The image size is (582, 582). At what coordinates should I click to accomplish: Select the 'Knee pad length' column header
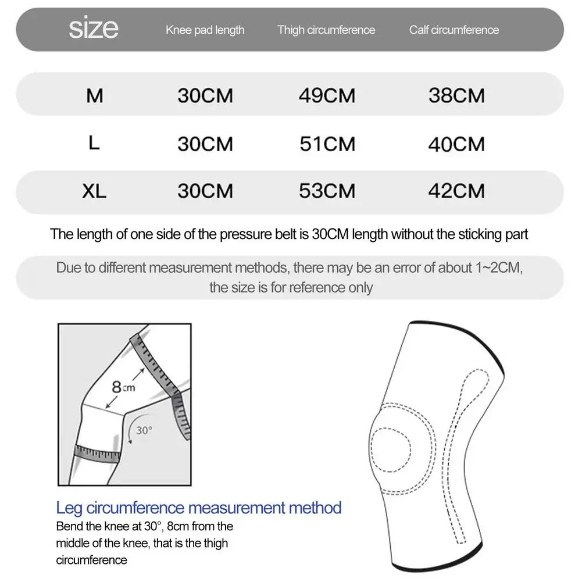click(x=205, y=30)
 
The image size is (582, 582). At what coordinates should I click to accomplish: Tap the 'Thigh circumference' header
click(x=326, y=30)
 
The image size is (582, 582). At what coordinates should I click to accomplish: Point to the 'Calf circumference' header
click(x=454, y=30)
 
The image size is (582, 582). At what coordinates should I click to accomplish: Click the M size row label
click(x=94, y=96)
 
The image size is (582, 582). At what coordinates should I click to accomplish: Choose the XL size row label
click(x=94, y=191)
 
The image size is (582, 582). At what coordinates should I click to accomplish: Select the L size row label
click(x=94, y=143)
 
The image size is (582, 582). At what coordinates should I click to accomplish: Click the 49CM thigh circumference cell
click(x=327, y=96)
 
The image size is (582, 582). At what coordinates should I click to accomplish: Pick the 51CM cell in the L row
click(x=327, y=144)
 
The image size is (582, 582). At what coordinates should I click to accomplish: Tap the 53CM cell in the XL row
click(x=327, y=191)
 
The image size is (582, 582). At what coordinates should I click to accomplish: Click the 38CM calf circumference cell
click(x=456, y=96)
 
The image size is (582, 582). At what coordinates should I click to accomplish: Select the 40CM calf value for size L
click(x=456, y=144)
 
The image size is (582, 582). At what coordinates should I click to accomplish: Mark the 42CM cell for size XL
click(x=456, y=191)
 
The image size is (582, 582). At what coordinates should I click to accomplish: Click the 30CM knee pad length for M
click(x=205, y=96)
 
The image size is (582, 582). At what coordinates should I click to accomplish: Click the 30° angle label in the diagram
click(x=143, y=430)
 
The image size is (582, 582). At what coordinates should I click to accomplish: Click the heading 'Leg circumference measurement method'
click(x=199, y=508)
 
